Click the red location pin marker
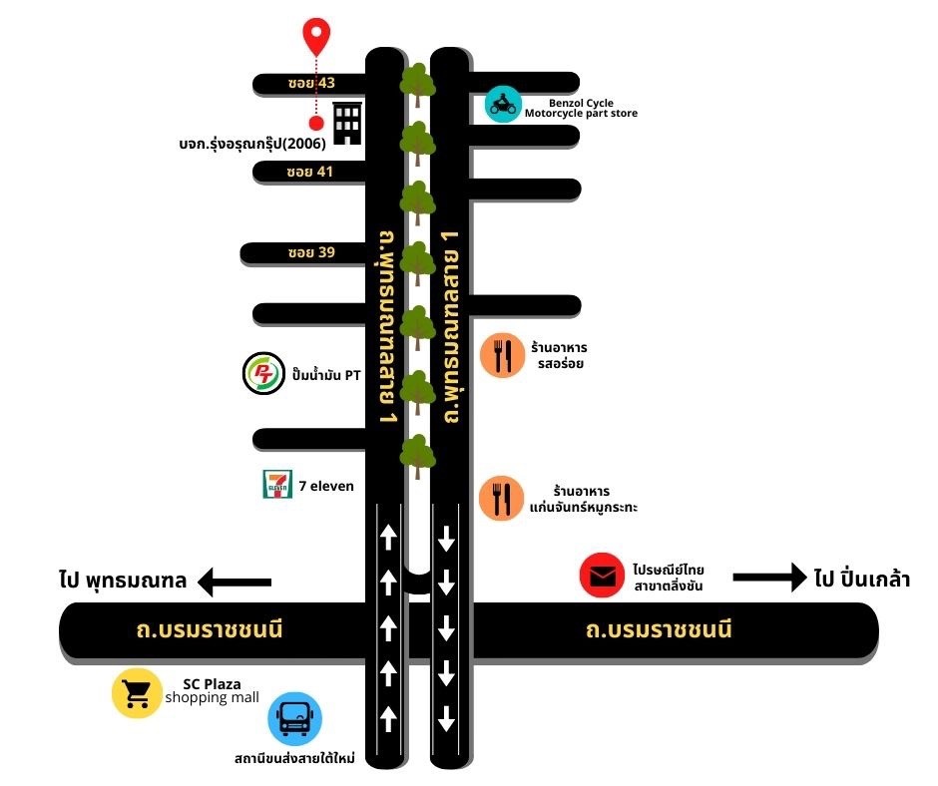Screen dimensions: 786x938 coord(317,36)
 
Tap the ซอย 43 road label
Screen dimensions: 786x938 coord(303,83)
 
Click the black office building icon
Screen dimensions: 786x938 coord(346,123)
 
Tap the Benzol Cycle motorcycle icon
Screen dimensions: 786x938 coord(504,104)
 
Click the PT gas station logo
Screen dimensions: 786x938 coord(263,374)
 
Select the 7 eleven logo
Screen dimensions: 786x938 coord(276,486)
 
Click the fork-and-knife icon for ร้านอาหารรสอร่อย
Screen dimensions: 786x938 coord(502,356)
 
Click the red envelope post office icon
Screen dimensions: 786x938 coord(602,577)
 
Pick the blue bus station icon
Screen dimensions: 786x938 coord(295,717)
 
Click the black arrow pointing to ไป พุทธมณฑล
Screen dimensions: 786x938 coord(234,581)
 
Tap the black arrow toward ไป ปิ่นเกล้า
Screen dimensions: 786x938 coord(768,577)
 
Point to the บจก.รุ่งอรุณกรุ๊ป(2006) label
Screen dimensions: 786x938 coord(247,143)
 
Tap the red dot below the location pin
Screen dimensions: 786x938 coord(316,124)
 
